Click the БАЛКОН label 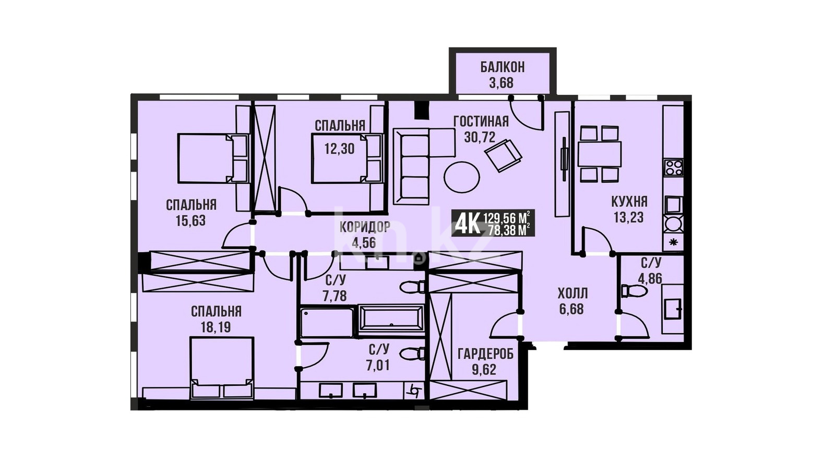pyautogui.click(x=502, y=67)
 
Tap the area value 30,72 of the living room pyautogui.click(x=480, y=137)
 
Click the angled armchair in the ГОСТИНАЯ pyautogui.click(x=503, y=155)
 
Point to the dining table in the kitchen pyautogui.click(x=600, y=154)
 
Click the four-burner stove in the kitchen pyautogui.click(x=674, y=168)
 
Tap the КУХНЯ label pyautogui.click(x=629, y=202)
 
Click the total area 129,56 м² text pyautogui.click(x=507, y=217)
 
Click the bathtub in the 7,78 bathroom pyautogui.click(x=391, y=322)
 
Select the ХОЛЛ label pyautogui.click(x=572, y=293)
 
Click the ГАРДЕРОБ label pyautogui.click(x=485, y=354)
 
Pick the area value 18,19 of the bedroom pyautogui.click(x=216, y=327)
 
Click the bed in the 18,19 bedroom pyautogui.click(x=222, y=368)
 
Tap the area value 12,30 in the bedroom pyautogui.click(x=339, y=149)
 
